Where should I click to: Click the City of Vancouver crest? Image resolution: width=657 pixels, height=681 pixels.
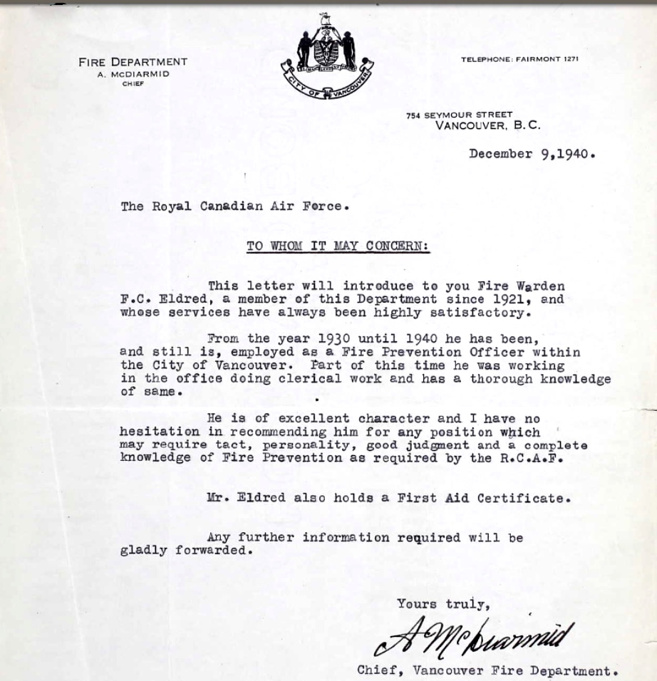[x=327, y=57]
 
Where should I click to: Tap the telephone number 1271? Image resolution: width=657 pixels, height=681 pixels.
[x=570, y=59]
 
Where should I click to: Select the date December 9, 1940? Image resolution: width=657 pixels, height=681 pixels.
[x=532, y=154]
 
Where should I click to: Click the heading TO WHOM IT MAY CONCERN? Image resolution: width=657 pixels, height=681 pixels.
[x=338, y=246]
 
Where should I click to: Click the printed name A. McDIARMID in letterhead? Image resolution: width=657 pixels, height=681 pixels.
[x=134, y=74]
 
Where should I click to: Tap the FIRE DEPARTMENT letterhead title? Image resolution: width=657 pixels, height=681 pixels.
[x=133, y=62]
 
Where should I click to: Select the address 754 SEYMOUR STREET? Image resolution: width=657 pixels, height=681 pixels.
[x=459, y=115]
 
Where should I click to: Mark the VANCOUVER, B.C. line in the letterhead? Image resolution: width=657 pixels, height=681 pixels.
[x=487, y=126]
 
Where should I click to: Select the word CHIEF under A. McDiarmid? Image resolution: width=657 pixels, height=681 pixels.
[x=133, y=84]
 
